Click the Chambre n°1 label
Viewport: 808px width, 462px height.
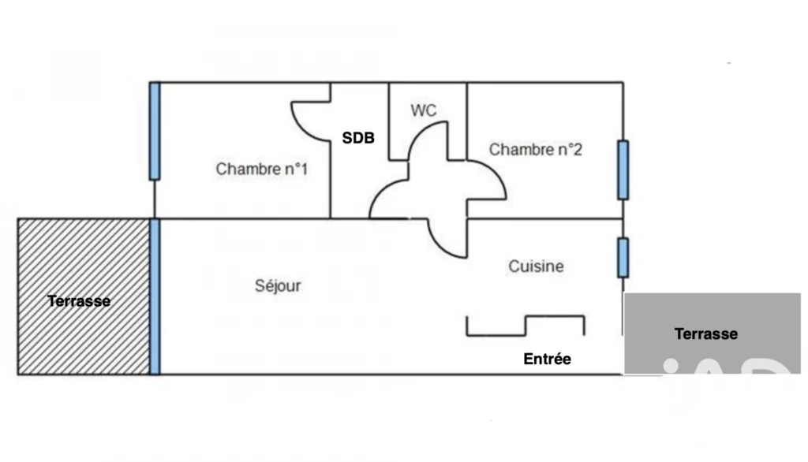coord(262,169)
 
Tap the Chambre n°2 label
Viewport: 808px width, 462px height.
coord(536,149)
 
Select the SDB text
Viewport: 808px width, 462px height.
coord(358,138)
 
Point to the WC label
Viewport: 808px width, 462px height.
coord(424,110)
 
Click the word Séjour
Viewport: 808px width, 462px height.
coord(278,285)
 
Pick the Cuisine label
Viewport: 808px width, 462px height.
coord(536,266)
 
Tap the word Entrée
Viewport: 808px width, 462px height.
coord(548,359)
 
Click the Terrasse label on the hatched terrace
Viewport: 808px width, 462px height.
coord(79,301)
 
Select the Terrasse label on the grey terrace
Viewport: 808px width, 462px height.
coord(706,333)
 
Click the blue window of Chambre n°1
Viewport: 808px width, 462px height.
coord(155,131)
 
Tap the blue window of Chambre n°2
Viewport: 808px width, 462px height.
coord(623,170)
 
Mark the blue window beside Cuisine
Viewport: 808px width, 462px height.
coord(623,258)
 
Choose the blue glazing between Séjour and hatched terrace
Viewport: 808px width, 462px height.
coord(155,296)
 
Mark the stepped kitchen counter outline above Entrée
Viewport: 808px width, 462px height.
coord(526,326)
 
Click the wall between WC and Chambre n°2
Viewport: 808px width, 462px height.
coord(467,121)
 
